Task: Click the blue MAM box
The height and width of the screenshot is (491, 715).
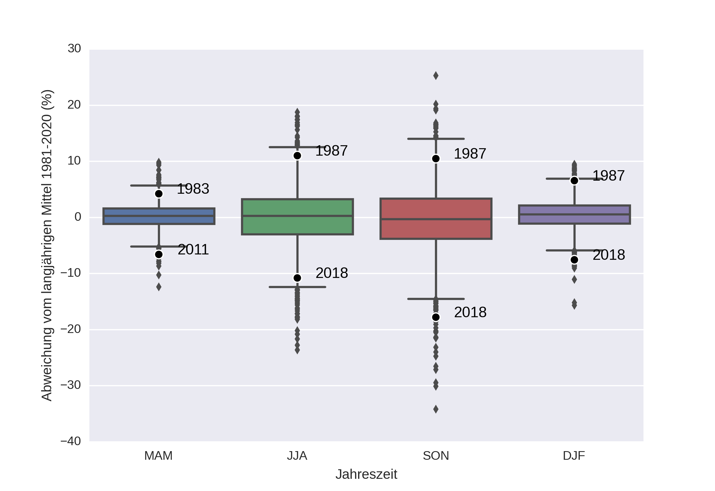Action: pyautogui.click(x=158, y=216)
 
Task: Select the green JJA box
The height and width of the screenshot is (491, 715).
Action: pyautogui.click(x=297, y=217)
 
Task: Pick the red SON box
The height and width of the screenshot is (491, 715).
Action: pyautogui.click(x=436, y=218)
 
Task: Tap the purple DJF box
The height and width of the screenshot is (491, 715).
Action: pyautogui.click(x=574, y=215)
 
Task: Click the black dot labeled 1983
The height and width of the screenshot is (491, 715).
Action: pyautogui.click(x=158, y=194)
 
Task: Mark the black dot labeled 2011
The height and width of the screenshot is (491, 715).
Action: pyautogui.click(x=158, y=254)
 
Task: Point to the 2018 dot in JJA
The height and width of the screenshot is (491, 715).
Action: pyautogui.click(x=297, y=278)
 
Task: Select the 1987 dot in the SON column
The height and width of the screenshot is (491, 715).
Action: pyautogui.click(x=436, y=159)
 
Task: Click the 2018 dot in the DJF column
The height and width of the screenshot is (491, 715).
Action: pyautogui.click(x=574, y=260)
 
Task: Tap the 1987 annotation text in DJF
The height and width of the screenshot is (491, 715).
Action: pyautogui.click(x=608, y=176)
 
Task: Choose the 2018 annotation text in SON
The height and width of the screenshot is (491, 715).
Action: pyautogui.click(x=470, y=312)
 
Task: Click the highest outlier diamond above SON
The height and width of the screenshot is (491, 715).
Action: pyautogui.click(x=436, y=76)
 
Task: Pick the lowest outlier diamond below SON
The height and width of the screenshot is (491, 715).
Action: pyautogui.click(x=436, y=409)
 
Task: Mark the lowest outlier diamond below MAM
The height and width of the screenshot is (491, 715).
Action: pyautogui.click(x=158, y=287)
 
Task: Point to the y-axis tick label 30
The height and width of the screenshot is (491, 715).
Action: pyautogui.click(x=74, y=49)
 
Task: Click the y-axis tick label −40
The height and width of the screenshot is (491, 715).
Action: pyautogui.click(x=71, y=441)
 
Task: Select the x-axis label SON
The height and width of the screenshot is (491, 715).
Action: pyautogui.click(x=436, y=456)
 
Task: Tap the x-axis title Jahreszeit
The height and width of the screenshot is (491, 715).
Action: pyautogui.click(x=366, y=474)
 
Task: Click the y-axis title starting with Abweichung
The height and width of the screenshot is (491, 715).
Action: pyautogui.click(x=47, y=245)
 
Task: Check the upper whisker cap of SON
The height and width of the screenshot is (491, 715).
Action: pyautogui.click(x=436, y=139)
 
